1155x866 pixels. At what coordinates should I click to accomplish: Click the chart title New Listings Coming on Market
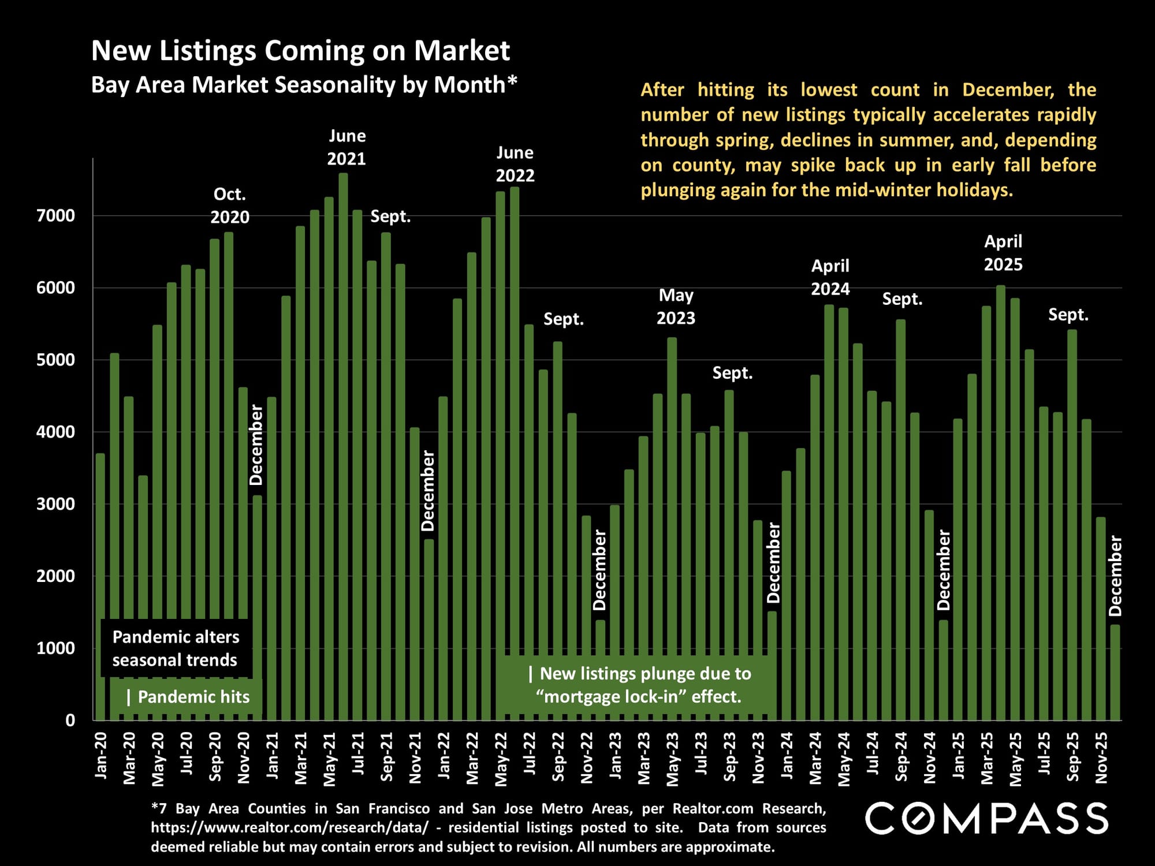300,51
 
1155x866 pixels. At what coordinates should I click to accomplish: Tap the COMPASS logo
986,818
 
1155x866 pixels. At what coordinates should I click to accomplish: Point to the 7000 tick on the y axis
55,216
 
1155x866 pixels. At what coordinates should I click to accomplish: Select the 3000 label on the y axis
55,504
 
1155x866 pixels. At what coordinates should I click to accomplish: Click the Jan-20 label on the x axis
101,756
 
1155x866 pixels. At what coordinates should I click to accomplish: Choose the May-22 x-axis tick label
501,759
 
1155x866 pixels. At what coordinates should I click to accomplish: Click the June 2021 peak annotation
346,147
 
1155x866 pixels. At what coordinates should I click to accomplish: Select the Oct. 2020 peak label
230,206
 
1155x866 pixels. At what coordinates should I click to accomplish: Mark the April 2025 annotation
1003,253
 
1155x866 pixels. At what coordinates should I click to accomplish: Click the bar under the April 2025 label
1001,502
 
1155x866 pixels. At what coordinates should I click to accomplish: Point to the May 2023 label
676,307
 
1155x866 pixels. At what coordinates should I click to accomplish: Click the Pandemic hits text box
188,697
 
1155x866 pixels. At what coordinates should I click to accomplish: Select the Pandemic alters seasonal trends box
175,648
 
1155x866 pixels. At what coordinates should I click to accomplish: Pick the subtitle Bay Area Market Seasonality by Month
304,85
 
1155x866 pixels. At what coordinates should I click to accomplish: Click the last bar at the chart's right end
1115,673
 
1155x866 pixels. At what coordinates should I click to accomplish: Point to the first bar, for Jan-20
100,586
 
